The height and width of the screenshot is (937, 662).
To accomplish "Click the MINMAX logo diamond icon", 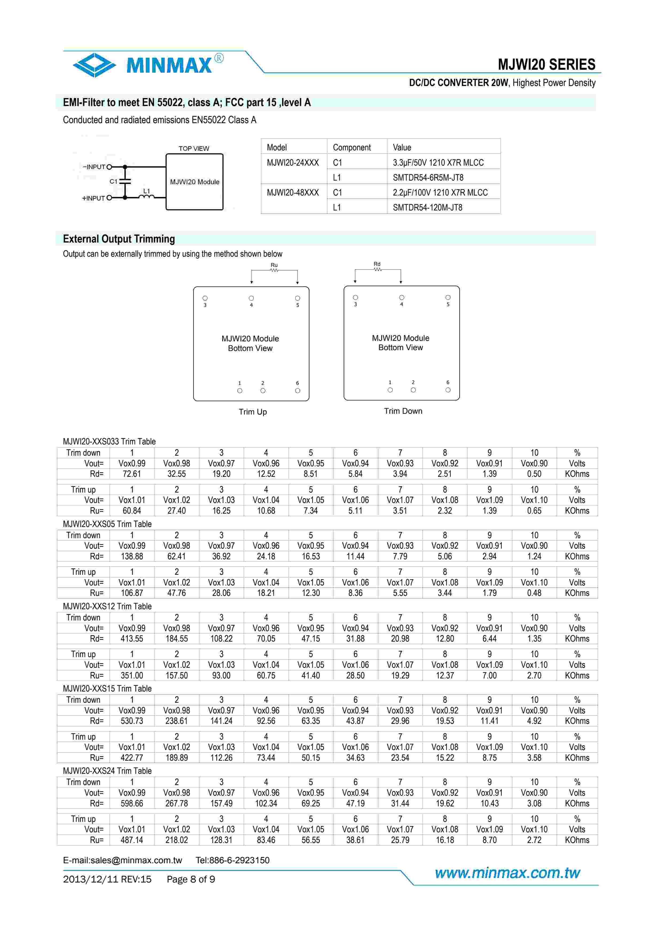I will point(94,65).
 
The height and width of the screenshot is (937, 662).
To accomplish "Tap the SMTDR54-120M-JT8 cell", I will point(428,207).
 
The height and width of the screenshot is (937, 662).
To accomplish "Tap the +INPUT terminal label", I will point(93,198).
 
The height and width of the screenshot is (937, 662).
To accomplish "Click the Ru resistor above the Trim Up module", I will point(274,270).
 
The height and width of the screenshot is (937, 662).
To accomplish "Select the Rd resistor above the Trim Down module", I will point(377,269).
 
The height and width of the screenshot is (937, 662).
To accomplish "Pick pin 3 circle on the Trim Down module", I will point(355,298).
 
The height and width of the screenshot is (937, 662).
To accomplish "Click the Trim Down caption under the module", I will point(403,411).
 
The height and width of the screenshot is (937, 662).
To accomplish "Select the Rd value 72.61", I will point(132,474).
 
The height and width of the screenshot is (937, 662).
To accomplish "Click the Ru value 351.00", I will point(132,676).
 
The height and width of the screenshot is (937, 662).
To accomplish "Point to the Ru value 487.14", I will point(132,840).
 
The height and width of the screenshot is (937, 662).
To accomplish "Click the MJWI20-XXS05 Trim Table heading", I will point(107,524).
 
